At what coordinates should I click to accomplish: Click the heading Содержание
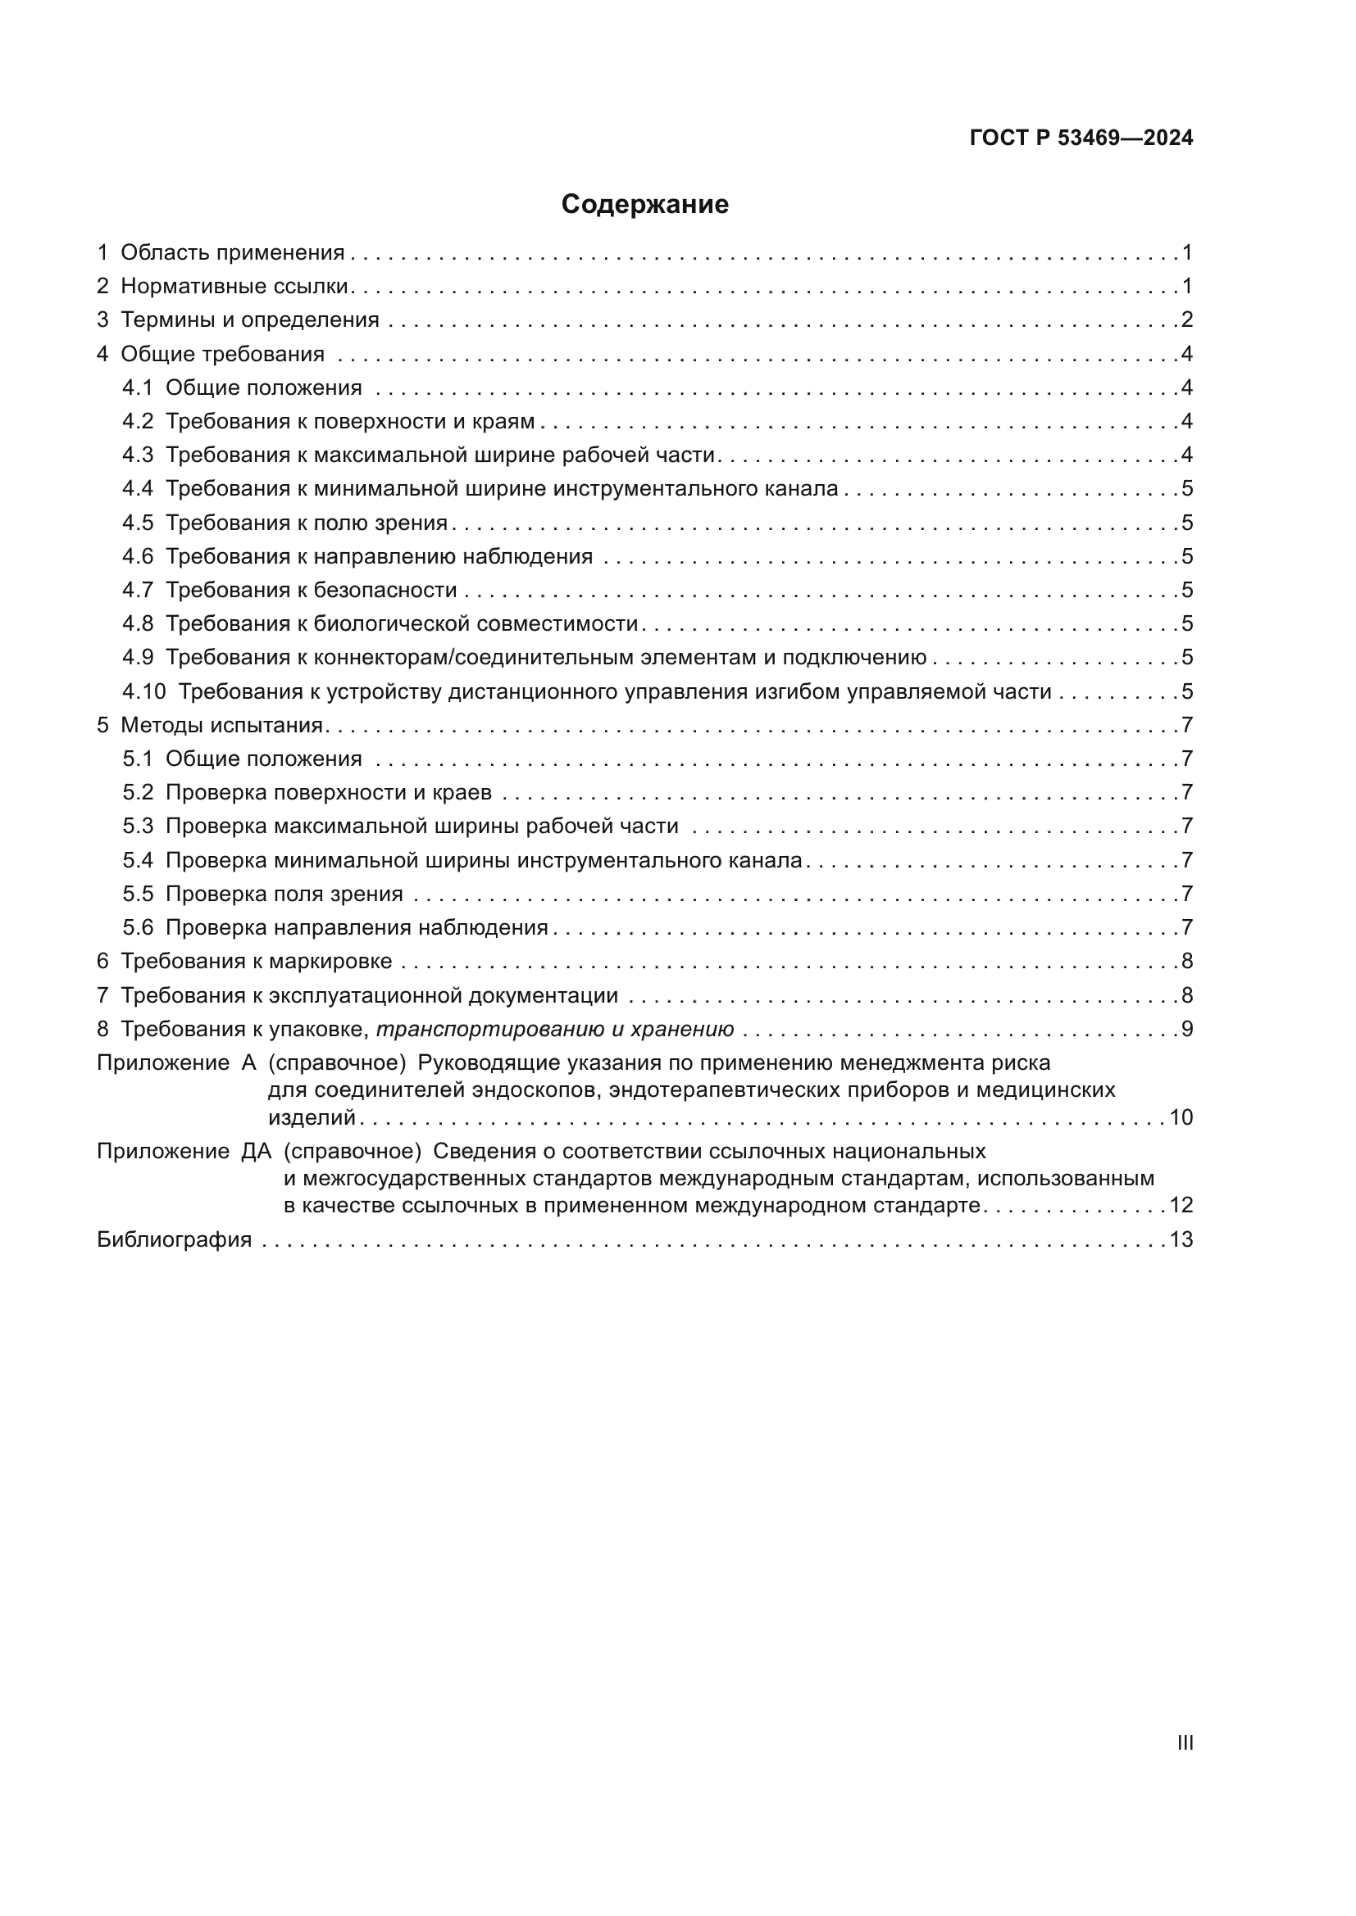coord(644,205)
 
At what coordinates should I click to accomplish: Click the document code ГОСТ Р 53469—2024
coord(1081,138)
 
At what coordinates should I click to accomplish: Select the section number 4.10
coord(143,692)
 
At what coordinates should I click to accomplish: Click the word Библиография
coord(175,1239)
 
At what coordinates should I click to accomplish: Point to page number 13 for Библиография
coord(1181,1239)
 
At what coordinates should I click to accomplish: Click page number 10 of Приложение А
coord(1181,1117)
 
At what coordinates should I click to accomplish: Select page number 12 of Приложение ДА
coord(1181,1205)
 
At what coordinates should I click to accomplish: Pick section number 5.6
coord(138,928)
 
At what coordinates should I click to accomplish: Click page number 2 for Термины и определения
coord(1186,320)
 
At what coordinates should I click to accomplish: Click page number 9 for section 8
coord(1186,1030)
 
